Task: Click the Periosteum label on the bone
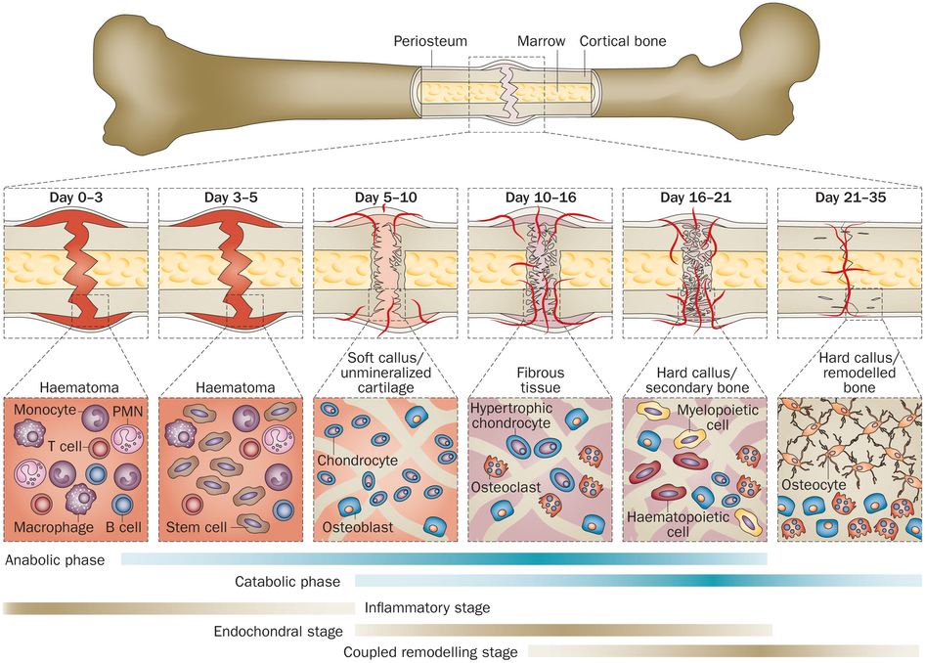[430, 42]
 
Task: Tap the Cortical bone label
[622, 42]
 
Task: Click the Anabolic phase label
[55, 560]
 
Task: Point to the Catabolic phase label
[286, 582]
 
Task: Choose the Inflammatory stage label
[427, 607]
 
